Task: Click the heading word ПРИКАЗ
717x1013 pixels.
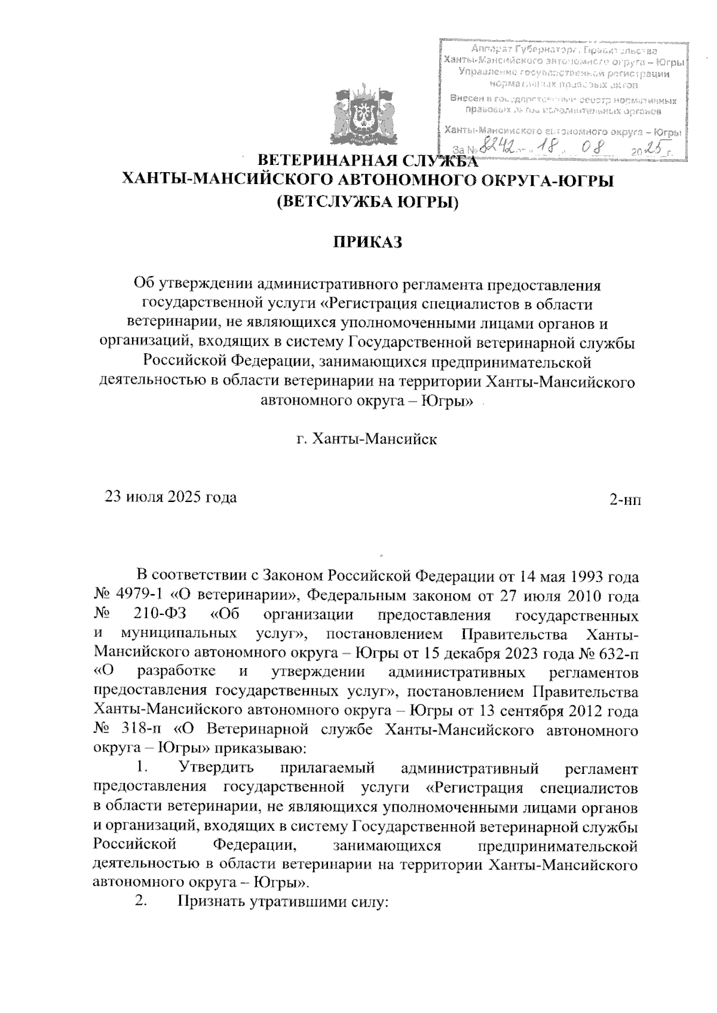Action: pos(367,243)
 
